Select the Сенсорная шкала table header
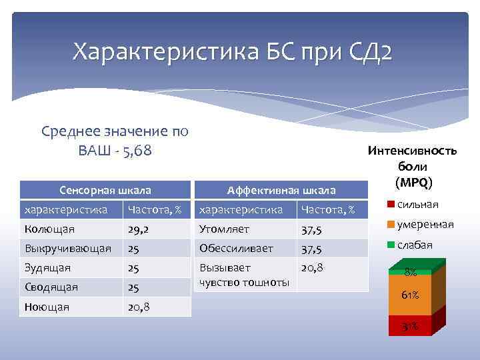tap(105, 191)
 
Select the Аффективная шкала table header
tap(281, 191)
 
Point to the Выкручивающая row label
tap(67, 249)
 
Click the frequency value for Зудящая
tap(134, 268)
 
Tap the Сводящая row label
tap(51, 287)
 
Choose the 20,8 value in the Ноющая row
tap(139, 307)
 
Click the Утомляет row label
tap(224, 229)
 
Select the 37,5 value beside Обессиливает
tap(311, 249)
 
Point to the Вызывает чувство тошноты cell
tap(244, 275)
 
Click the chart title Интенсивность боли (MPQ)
tap(412, 166)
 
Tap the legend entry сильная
tap(417, 204)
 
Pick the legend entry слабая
tap(414, 245)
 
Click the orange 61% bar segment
tap(409, 295)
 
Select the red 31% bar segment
tap(409, 325)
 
